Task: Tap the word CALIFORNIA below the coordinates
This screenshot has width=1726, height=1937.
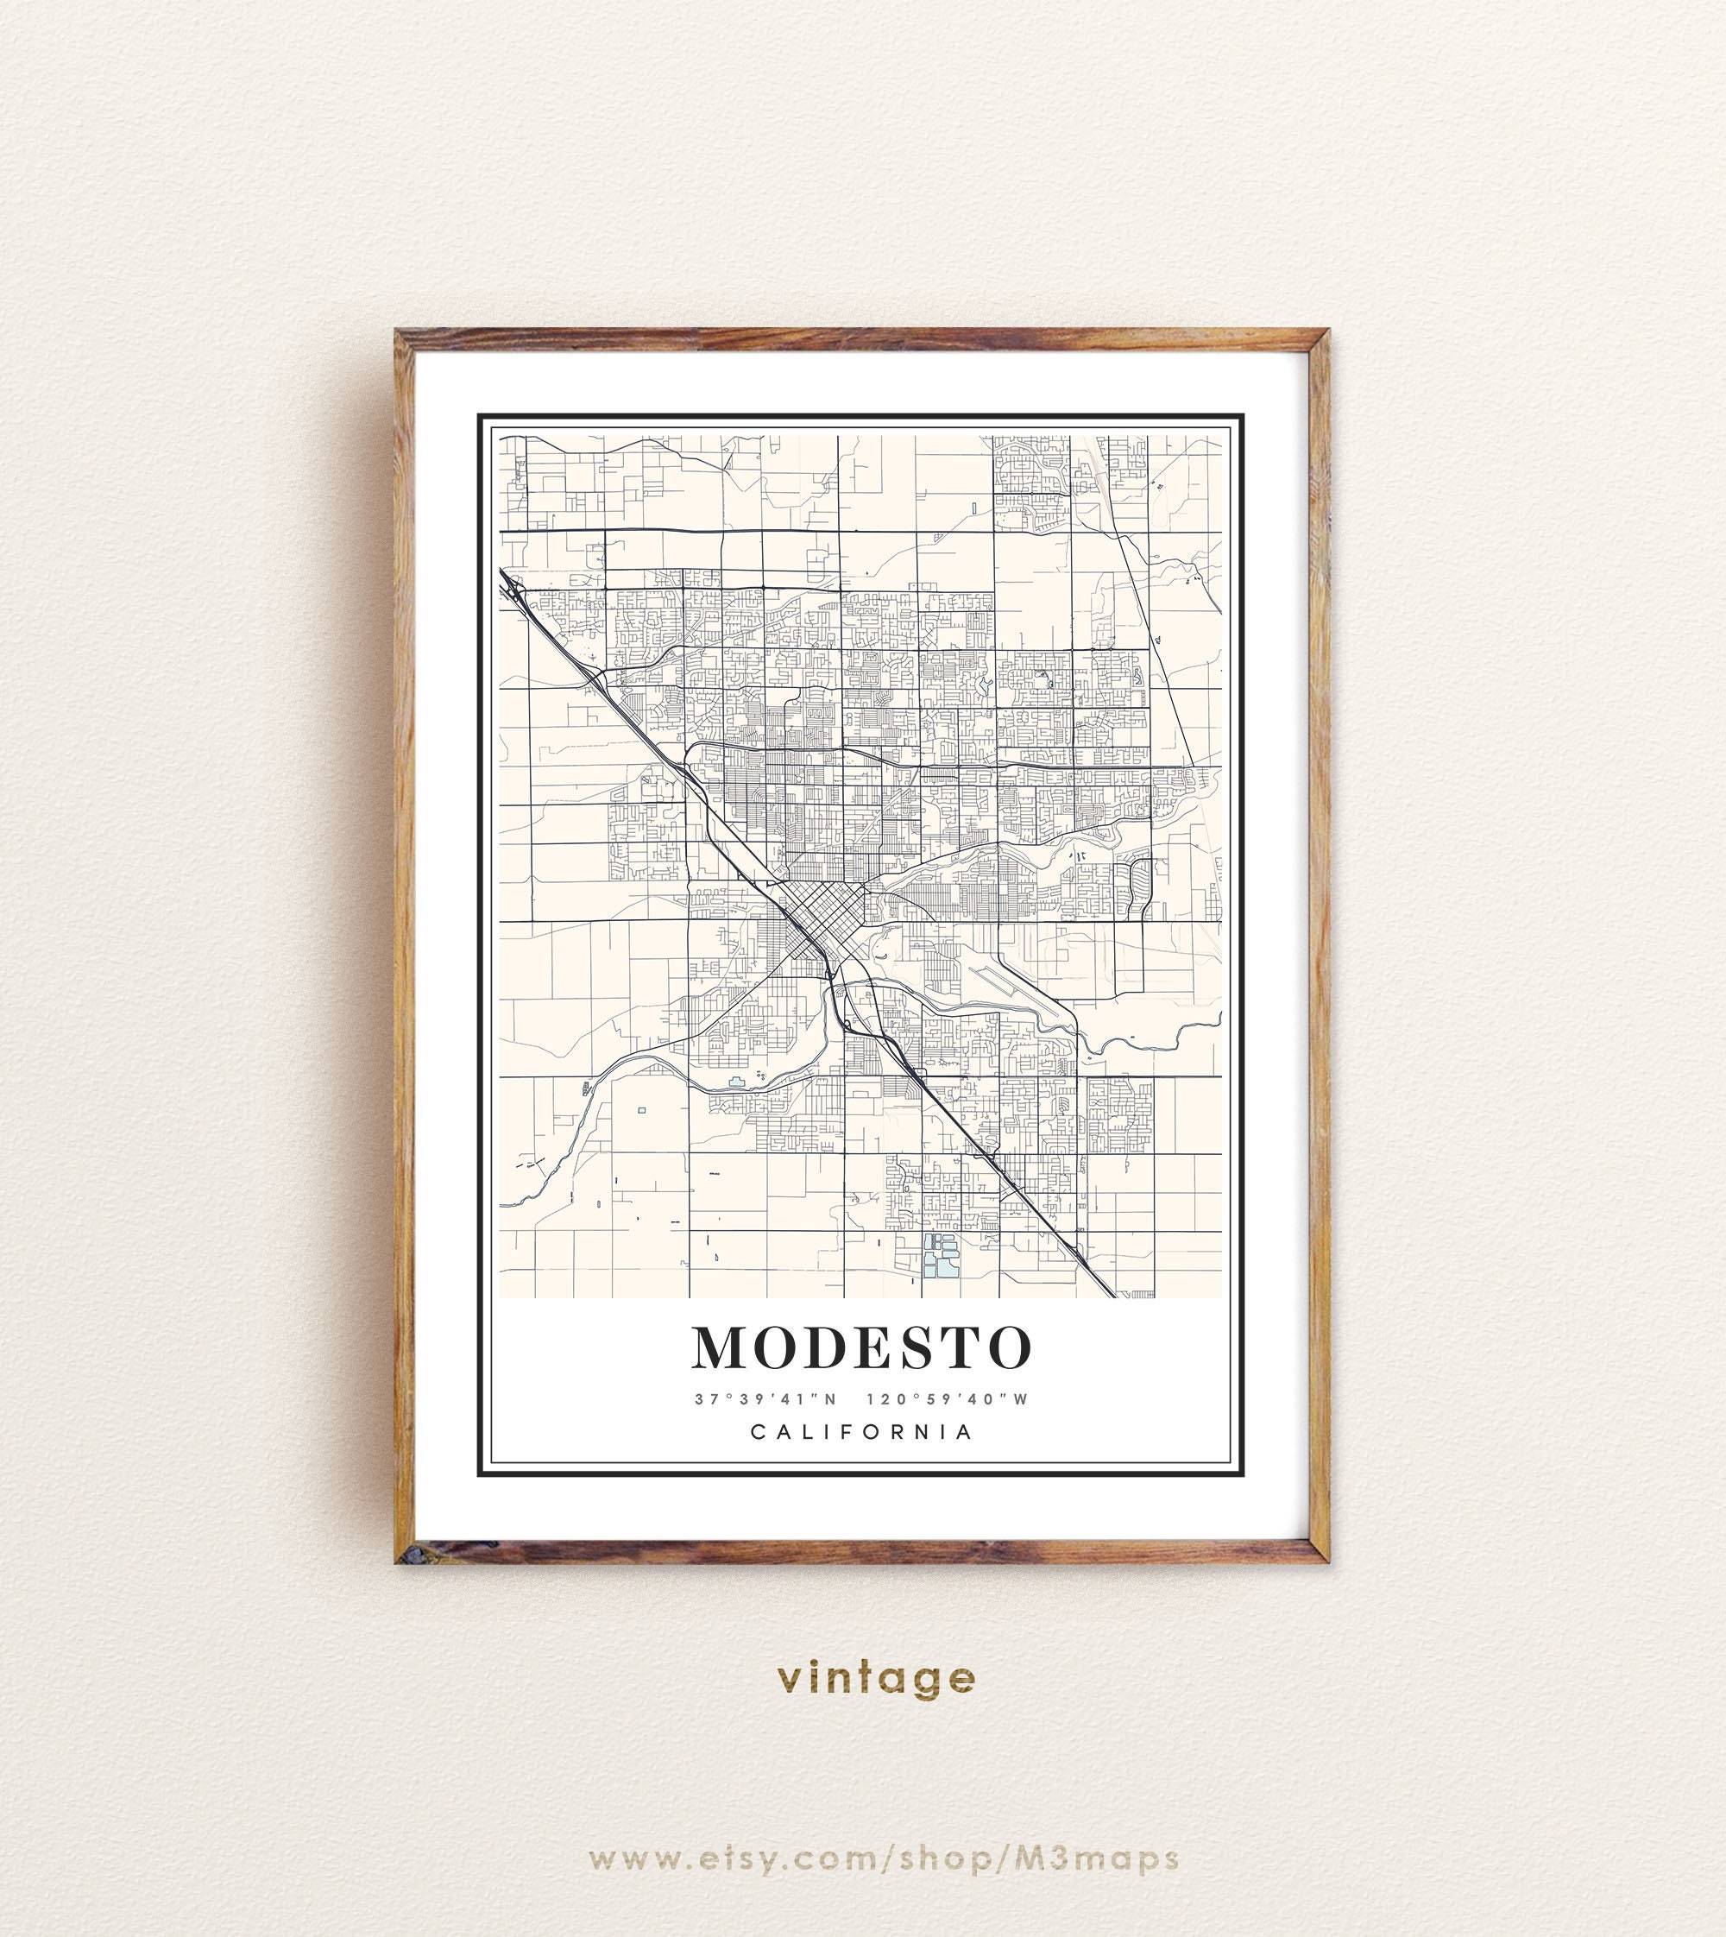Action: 861,1432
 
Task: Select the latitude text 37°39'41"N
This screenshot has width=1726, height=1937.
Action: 765,1399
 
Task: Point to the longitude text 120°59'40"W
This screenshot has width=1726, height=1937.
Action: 959,1399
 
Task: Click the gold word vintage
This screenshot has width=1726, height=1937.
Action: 875,1678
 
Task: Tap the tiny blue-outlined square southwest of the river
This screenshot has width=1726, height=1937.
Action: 642,1110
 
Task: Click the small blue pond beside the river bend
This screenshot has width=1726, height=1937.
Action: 736,1082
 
